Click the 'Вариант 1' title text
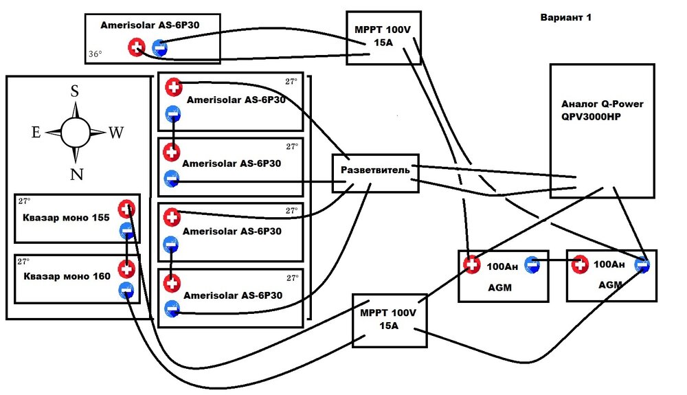(x=566, y=18)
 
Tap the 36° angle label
(x=95, y=53)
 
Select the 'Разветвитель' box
(x=375, y=170)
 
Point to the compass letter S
(x=75, y=92)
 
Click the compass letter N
(x=76, y=174)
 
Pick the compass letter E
(x=36, y=133)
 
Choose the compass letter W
(x=115, y=133)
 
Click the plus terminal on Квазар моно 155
(x=127, y=209)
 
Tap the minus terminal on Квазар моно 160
(x=126, y=291)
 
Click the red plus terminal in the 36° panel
(x=137, y=47)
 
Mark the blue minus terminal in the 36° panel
(x=159, y=47)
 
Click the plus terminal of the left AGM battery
(x=471, y=264)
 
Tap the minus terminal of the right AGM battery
(x=642, y=264)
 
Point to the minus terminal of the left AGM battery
(x=532, y=264)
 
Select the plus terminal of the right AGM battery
(x=580, y=264)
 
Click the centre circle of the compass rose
(x=75, y=132)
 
